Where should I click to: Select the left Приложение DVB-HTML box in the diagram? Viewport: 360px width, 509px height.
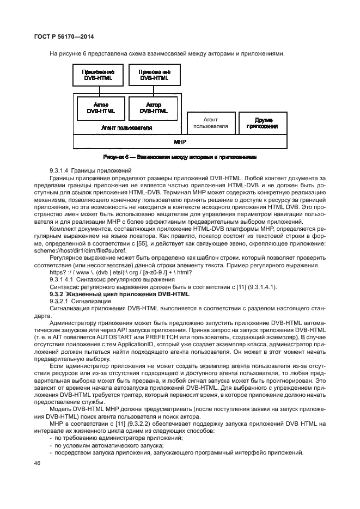[x=97, y=75]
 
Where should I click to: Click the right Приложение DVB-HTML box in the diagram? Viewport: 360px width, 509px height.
[x=154, y=75]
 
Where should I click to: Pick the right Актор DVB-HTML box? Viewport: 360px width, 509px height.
[x=154, y=108]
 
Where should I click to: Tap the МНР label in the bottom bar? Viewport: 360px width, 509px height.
[x=180, y=141]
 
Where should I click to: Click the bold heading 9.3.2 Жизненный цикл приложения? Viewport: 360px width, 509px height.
[x=119, y=294]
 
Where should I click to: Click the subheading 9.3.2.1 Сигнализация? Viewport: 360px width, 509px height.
[x=74, y=301]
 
